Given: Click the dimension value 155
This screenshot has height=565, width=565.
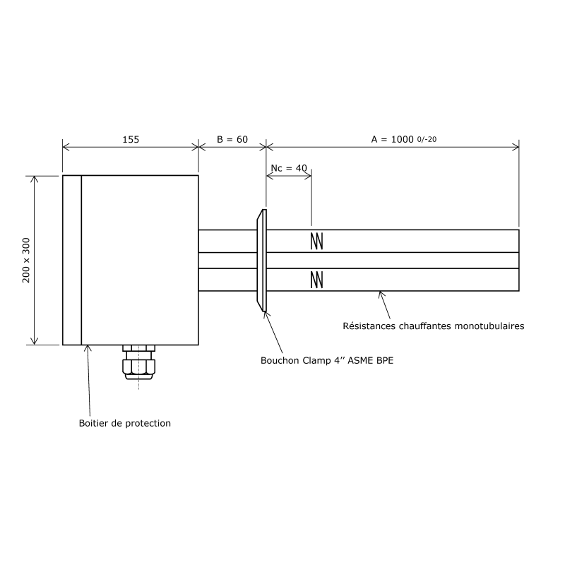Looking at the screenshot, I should [131, 140].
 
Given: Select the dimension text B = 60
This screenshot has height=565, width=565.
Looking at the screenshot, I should [232, 140].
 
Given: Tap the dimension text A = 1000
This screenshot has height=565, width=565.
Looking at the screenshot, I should [392, 140].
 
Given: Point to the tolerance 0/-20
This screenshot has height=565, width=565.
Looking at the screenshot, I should [427, 139].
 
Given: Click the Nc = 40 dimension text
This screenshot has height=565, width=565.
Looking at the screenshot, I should [290, 168].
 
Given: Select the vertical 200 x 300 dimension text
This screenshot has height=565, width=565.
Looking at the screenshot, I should [27, 260].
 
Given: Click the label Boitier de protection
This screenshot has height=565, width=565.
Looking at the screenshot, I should [125, 424].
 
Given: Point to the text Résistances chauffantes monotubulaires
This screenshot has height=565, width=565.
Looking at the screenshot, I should [433, 326].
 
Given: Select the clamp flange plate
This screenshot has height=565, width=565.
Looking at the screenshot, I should [262, 260].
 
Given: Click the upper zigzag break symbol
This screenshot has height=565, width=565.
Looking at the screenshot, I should [317, 241].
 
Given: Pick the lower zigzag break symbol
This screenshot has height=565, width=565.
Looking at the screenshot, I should [317, 280].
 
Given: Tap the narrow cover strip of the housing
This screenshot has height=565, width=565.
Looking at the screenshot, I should [72, 260].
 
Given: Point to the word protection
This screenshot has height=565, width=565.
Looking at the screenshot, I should [148, 424].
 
